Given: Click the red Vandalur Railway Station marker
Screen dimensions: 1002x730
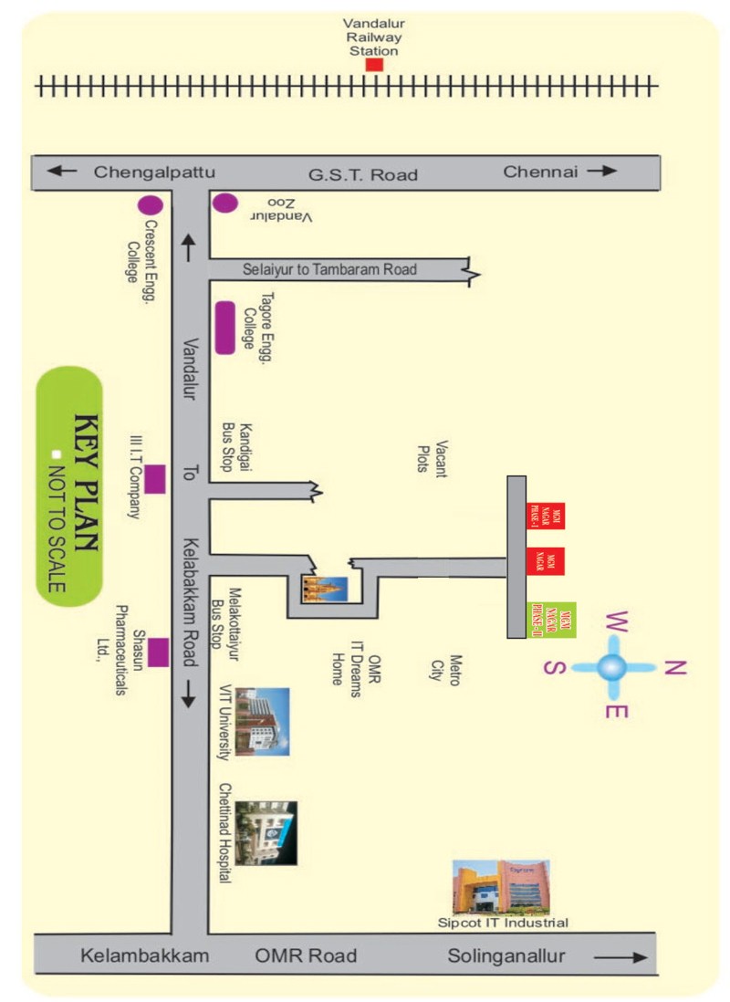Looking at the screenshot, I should point(374,66).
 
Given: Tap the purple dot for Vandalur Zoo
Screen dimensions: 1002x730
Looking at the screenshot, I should point(224,203).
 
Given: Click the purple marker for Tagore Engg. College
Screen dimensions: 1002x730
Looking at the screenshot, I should point(224,329).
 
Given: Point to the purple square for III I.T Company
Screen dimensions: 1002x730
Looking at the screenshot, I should point(155,479).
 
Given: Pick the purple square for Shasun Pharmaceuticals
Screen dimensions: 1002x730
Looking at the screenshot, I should point(159,652).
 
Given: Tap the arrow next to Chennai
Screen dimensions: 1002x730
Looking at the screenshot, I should point(602,171).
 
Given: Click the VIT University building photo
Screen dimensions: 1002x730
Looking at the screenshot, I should point(262,722).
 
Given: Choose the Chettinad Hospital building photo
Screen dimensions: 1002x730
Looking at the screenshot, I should point(266,832).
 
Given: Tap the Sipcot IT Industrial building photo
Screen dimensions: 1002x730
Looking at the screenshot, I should point(501,887).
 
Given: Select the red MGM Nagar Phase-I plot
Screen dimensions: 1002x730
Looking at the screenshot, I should point(547,517).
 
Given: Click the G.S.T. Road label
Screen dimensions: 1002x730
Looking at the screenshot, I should point(362,174).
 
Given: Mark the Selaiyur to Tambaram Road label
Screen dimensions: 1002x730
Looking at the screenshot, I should point(329,269).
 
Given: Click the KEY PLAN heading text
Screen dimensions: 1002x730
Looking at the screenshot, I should point(87,484).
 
